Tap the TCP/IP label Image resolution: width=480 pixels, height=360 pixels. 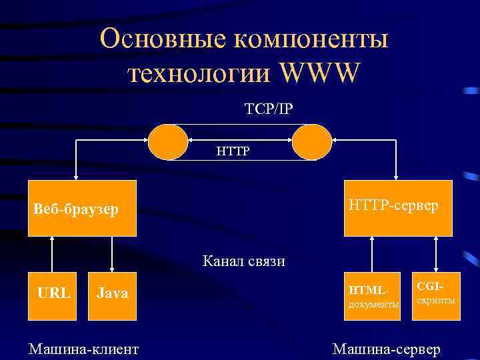tap(268, 109)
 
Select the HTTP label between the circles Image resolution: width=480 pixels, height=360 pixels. tap(232, 151)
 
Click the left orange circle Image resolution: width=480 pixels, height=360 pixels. tap(168, 141)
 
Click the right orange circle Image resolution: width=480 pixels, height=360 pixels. tap(311, 141)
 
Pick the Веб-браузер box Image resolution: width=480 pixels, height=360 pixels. tap(82, 209)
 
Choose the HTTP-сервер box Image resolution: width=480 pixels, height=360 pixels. tap(397, 208)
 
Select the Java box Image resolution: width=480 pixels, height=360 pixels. tap(113, 293)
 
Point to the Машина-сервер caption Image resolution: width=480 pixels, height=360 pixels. tap(386, 349)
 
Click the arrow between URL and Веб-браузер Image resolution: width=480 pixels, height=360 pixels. tap(52, 254)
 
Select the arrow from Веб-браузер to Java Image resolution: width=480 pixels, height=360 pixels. tap(112, 254)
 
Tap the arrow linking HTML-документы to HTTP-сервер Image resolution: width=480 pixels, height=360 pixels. tap(372, 254)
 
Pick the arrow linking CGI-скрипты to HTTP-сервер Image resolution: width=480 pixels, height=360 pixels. tap(435, 254)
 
